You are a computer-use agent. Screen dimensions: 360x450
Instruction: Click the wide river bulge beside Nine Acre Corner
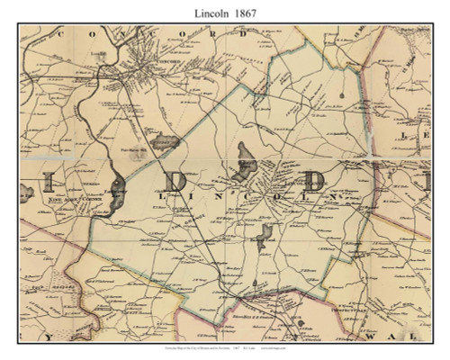117,185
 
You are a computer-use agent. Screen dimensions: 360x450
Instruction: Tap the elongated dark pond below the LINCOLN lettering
264,237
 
